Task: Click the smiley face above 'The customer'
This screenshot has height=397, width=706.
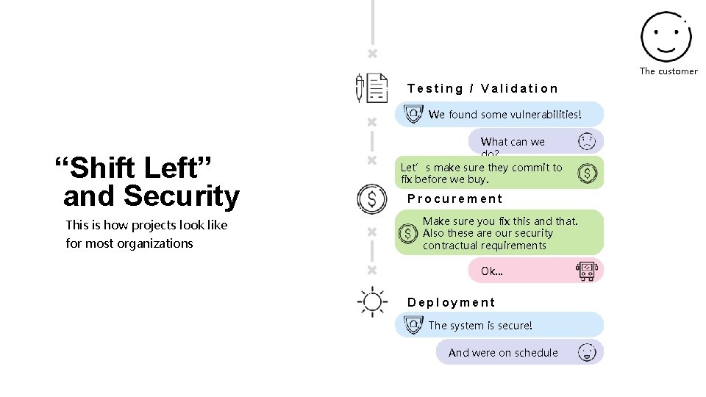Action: click(x=665, y=36)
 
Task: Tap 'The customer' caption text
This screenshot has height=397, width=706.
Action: click(x=668, y=71)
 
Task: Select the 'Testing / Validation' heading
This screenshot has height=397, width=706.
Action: click(x=482, y=88)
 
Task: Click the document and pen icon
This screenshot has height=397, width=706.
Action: click(x=371, y=88)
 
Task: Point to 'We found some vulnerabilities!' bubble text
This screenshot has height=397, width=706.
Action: click(x=504, y=114)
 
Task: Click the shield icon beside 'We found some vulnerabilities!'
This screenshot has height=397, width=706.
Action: click(x=413, y=114)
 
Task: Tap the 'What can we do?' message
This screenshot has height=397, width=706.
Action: click(x=512, y=143)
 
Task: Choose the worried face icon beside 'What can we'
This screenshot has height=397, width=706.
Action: click(x=587, y=141)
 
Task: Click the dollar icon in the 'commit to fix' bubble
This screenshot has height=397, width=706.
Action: click(x=587, y=173)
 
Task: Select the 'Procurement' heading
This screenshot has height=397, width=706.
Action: click(x=454, y=198)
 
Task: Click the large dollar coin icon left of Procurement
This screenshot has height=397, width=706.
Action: click(x=371, y=198)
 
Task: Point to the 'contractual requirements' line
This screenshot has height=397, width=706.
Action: click(x=484, y=246)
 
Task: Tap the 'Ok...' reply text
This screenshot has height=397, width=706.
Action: click(x=491, y=271)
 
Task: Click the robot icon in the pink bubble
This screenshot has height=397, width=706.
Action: click(x=586, y=271)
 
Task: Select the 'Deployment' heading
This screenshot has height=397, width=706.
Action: click(x=451, y=302)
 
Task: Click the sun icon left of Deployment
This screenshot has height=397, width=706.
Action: click(x=371, y=302)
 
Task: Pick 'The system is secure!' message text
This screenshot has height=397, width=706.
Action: click(x=479, y=325)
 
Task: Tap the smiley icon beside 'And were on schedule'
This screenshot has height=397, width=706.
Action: click(x=587, y=352)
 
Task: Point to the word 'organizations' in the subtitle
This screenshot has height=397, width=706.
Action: click(x=156, y=243)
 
